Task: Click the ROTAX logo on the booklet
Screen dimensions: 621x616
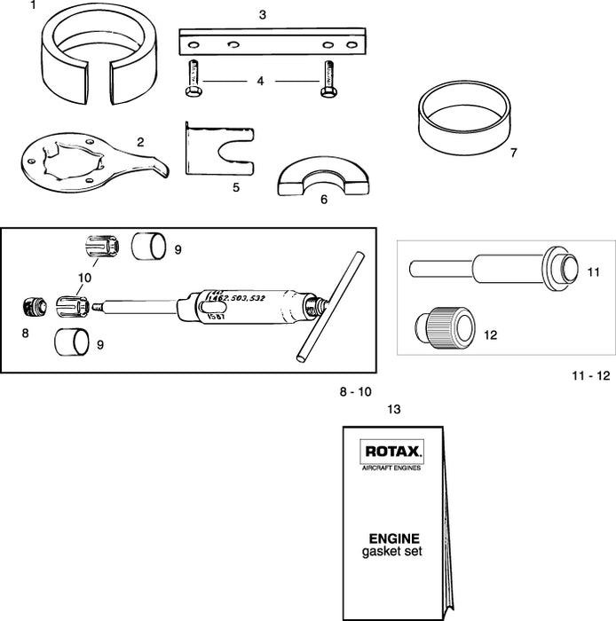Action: [392, 452]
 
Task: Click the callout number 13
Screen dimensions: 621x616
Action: [394, 409]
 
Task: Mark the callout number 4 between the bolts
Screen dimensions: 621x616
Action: [260, 81]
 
